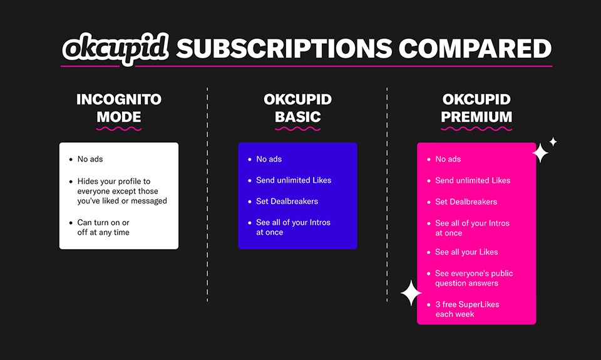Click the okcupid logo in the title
[115, 49]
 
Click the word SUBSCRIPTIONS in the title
[284, 49]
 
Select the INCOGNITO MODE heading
[119, 108]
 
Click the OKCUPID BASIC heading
[297, 108]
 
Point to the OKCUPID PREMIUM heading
[476, 108]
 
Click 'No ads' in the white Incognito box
[90, 160]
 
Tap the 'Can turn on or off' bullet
[103, 227]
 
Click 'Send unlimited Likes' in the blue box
[294, 180]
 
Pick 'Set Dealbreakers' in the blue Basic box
[287, 202]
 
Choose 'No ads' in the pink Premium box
[448, 160]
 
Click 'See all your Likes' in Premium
[466, 252]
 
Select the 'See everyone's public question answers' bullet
[473, 279]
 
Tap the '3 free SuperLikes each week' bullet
[466, 309]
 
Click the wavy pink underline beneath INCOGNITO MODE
[119, 129]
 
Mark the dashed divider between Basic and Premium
[387, 194]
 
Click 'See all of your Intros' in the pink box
[472, 228]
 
